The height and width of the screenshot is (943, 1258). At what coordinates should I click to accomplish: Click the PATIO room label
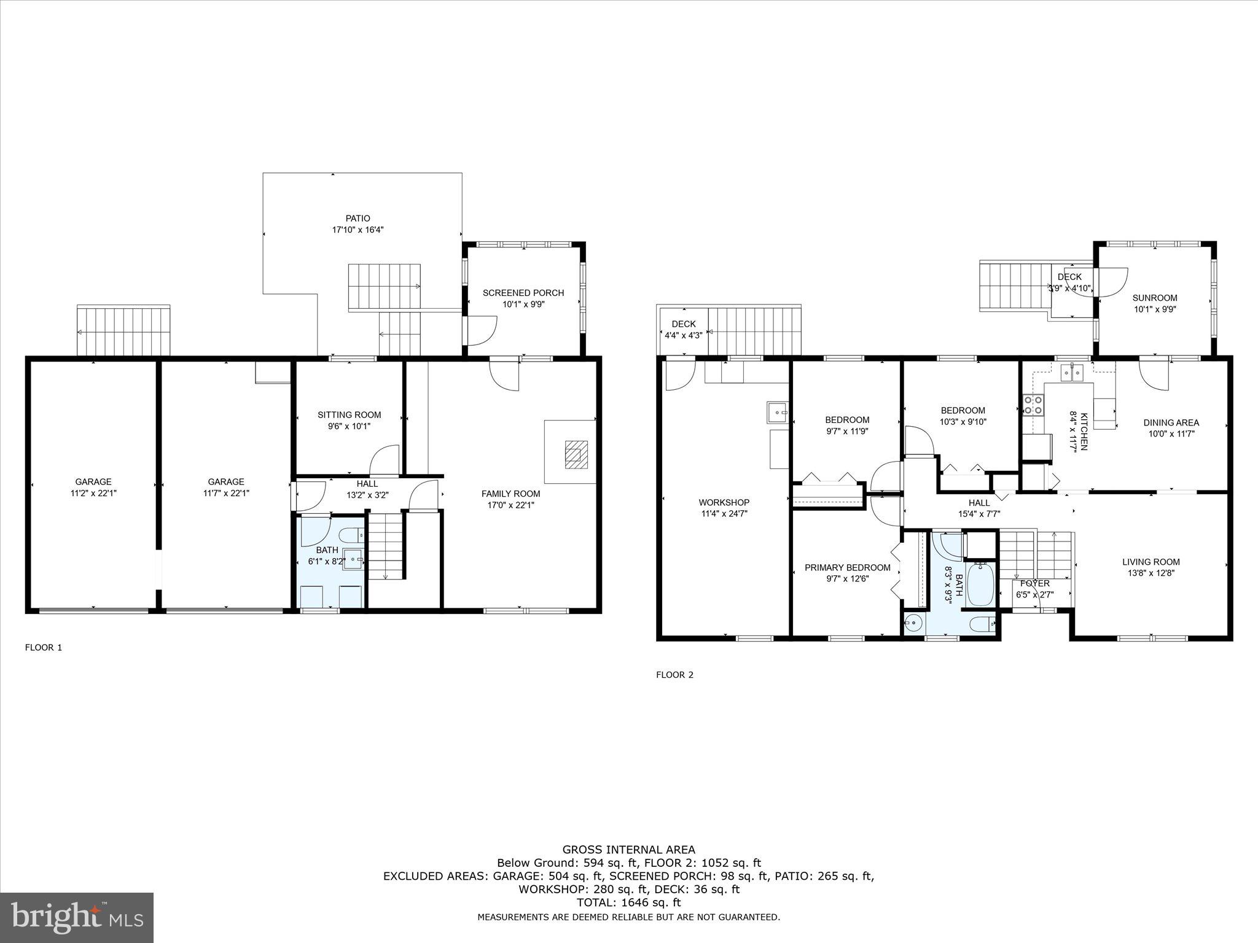357,219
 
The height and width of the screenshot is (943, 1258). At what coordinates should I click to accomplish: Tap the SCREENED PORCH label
523,293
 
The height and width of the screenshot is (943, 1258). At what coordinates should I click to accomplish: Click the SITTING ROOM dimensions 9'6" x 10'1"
349,426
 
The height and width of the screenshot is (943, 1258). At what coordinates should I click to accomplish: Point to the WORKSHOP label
724,502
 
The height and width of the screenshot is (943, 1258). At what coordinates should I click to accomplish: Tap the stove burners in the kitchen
1032,406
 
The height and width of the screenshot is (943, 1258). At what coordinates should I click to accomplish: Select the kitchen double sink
1072,373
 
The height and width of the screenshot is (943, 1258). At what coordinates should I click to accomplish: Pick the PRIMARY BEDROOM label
847,568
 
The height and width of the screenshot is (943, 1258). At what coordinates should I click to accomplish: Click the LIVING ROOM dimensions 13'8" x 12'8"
1151,573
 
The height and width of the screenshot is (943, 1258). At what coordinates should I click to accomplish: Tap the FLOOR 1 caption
44,647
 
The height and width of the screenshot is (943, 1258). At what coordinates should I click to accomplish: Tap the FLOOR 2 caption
674,675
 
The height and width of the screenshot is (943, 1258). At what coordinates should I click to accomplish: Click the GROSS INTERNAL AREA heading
628,850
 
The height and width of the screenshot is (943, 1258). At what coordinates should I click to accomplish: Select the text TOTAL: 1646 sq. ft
628,902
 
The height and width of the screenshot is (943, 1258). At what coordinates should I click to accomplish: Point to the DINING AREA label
1171,422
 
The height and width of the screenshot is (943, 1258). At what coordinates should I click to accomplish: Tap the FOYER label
1034,583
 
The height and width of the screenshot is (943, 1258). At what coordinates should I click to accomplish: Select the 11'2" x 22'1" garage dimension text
93,493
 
